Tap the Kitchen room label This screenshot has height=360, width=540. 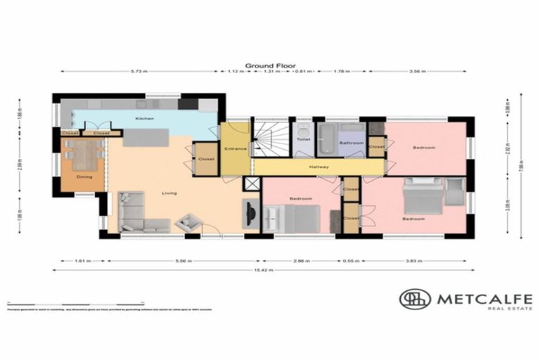(145, 119)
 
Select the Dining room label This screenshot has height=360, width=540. (84, 176)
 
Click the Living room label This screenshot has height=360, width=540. (169, 193)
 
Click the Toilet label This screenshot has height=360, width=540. (303, 139)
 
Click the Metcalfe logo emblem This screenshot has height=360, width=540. (415, 299)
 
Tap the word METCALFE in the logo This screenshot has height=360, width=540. (484, 298)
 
